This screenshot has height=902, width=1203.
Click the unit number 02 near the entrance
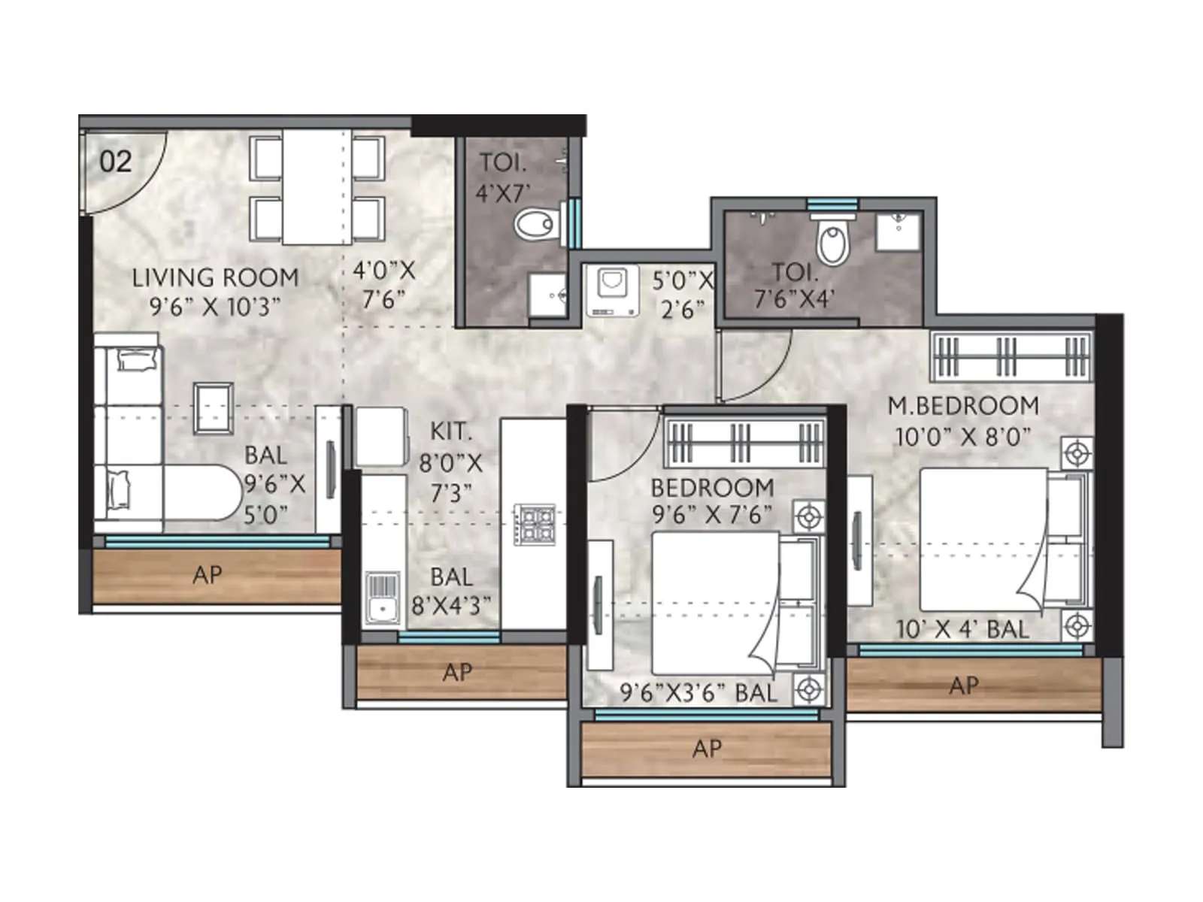(116, 161)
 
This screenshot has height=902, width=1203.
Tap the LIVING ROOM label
(215, 277)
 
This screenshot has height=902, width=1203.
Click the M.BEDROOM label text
(963, 406)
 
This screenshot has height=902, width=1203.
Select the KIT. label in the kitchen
(450, 431)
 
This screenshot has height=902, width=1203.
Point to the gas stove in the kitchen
(535, 524)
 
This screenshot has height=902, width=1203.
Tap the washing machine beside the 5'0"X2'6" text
(612, 290)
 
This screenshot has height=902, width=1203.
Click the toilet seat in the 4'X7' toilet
(535, 223)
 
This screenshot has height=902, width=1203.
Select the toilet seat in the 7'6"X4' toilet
(832, 241)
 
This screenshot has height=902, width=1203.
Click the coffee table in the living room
(214, 408)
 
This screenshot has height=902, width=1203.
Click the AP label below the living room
(208, 575)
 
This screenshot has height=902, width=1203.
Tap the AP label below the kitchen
(457, 672)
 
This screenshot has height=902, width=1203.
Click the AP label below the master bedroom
(964, 685)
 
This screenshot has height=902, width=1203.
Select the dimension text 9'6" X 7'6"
(712, 516)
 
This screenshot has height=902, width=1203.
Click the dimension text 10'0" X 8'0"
(962, 437)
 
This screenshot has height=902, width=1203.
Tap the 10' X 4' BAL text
(962, 629)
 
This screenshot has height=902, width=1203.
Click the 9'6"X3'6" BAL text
(698, 692)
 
